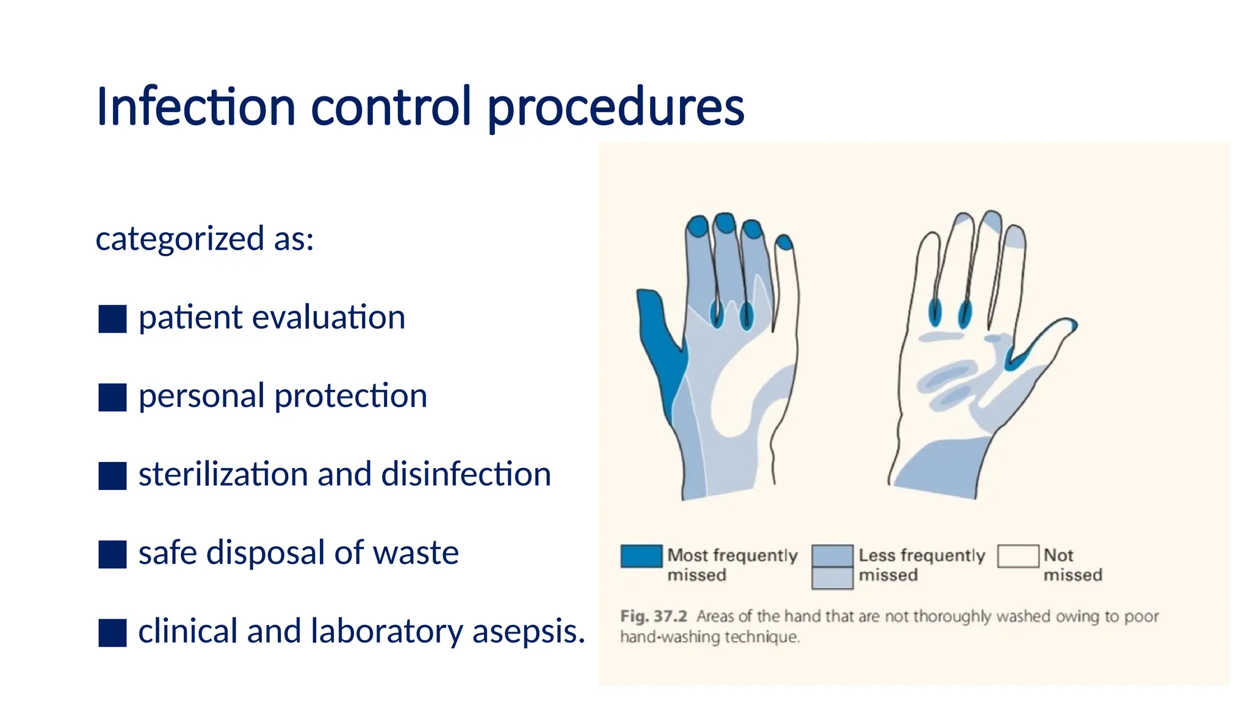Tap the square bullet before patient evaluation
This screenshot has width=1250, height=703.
tap(112, 319)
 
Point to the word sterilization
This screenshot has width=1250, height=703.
tap(223, 474)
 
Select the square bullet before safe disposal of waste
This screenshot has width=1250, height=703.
tap(112, 554)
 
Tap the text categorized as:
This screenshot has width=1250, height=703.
tap(204, 239)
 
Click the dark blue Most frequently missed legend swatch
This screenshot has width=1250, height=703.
tap(641, 556)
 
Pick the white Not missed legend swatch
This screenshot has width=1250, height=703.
tap(1017, 556)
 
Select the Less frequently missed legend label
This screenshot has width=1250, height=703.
tap(921, 564)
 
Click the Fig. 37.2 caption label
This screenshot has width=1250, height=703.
tap(653, 616)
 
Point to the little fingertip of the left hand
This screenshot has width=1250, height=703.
tap(785, 242)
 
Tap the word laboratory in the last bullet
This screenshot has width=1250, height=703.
tap(387, 632)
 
